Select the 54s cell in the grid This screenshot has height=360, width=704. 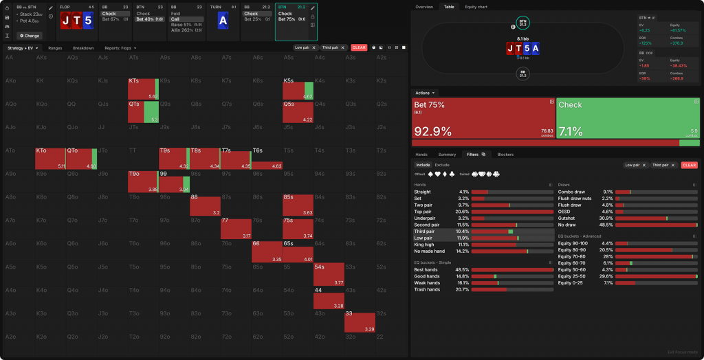click(329, 274)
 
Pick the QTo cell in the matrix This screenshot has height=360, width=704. click(81, 159)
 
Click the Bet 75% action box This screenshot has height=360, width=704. click(482, 118)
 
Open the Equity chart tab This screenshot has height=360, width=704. click(476, 7)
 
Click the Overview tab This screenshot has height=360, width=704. click(424, 7)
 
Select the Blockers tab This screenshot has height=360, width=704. click(505, 155)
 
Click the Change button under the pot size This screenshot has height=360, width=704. click(30, 35)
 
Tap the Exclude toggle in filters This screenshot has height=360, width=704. click(442, 165)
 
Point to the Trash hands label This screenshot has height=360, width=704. click(427, 289)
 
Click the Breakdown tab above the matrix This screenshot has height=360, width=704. click(83, 48)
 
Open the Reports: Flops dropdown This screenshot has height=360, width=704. click(120, 48)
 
